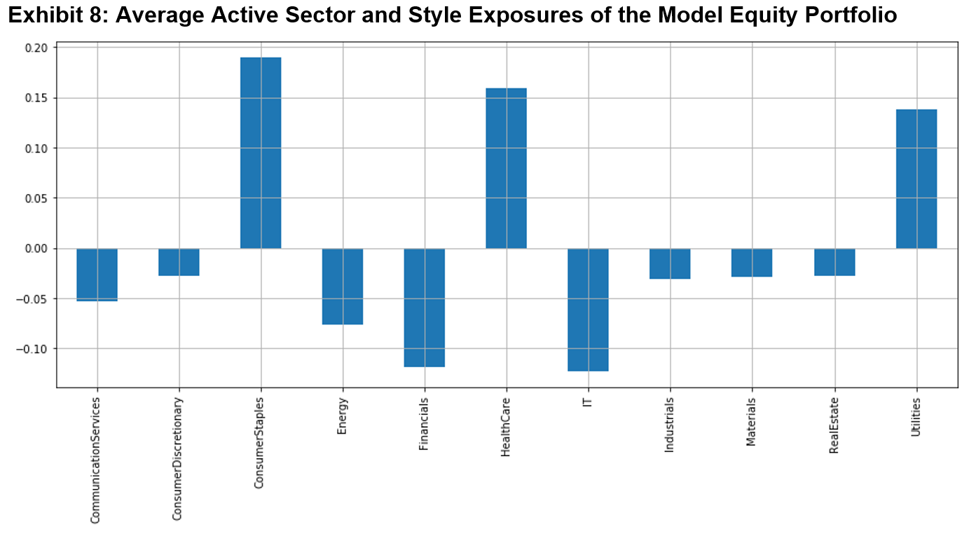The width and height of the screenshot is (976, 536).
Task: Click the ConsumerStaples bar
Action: click(x=261, y=153)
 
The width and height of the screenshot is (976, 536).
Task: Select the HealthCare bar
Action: click(x=506, y=168)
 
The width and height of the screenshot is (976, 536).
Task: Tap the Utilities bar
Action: click(x=916, y=179)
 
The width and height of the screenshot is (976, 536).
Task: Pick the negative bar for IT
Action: click(x=588, y=310)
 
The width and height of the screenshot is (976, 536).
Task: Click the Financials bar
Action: click(x=424, y=308)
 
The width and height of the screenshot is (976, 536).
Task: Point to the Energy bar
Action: click(x=343, y=287)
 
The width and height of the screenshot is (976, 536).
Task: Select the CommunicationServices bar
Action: click(x=97, y=275)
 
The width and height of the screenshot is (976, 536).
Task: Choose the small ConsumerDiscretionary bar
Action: click(x=179, y=262)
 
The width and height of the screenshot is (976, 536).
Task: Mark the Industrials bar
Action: click(x=670, y=263)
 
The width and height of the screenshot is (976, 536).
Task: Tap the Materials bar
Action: click(x=752, y=263)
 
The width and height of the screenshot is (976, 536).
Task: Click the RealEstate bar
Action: click(x=834, y=262)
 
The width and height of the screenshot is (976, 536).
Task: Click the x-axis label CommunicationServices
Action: click(x=96, y=460)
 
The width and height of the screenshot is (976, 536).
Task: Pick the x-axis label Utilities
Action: click(x=916, y=418)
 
